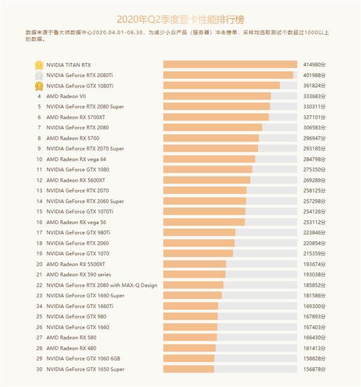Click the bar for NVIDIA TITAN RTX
pyautogui.click(x=230, y=64)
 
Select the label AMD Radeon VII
pyautogui.click(x=66, y=96)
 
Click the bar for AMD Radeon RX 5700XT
pyautogui.click(x=216, y=117)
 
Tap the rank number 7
pyautogui.click(x=39, y=128)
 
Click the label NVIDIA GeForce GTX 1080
pyautogui.click(x=77, y=170)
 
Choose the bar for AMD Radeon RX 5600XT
pyautogui.click(x=206, y=180)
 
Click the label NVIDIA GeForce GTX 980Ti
pyautogui.click(x=78, y=232)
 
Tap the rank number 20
pyautogui.click(x=39, y=264)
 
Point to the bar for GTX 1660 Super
pyautogui.click(x=193, y=296)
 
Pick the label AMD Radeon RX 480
pyautogui.click(x=71, y=348)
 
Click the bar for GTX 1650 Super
pyautogui.click(x=189, y=369)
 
